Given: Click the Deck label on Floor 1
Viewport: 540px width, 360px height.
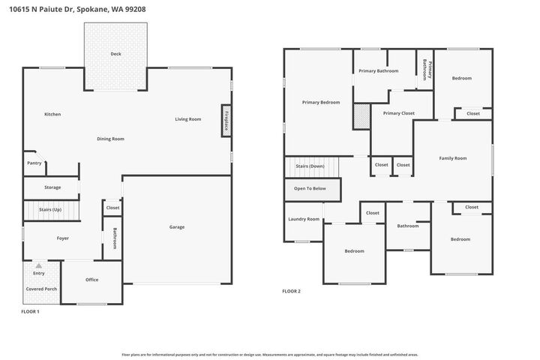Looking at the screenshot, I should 115,54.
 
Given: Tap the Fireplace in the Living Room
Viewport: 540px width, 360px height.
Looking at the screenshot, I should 226,121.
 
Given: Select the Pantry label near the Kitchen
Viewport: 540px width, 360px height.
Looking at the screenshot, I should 34,163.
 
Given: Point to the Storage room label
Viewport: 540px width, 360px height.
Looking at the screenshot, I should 52,187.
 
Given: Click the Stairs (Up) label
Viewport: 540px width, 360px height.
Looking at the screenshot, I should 50,210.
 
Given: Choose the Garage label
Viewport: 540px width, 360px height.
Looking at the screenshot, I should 176,226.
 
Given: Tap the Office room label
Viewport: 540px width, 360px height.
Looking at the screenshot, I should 91,280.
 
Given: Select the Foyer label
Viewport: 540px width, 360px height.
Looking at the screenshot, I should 63,238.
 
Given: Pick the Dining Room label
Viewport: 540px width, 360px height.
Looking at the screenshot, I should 110,139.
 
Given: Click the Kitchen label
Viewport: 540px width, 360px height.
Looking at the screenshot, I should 52,114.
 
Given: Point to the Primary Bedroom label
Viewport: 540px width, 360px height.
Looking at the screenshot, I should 321,102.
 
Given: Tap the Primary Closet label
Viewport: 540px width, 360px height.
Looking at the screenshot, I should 398,113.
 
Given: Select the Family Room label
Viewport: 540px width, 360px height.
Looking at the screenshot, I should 452,158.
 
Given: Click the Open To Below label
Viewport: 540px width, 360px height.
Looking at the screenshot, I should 310,188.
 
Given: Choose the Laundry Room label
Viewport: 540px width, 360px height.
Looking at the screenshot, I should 303,219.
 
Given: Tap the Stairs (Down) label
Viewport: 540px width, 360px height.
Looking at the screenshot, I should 310,166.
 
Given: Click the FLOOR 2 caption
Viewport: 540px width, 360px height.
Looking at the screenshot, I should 291,291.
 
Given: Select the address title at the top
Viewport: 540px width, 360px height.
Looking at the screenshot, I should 73,9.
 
